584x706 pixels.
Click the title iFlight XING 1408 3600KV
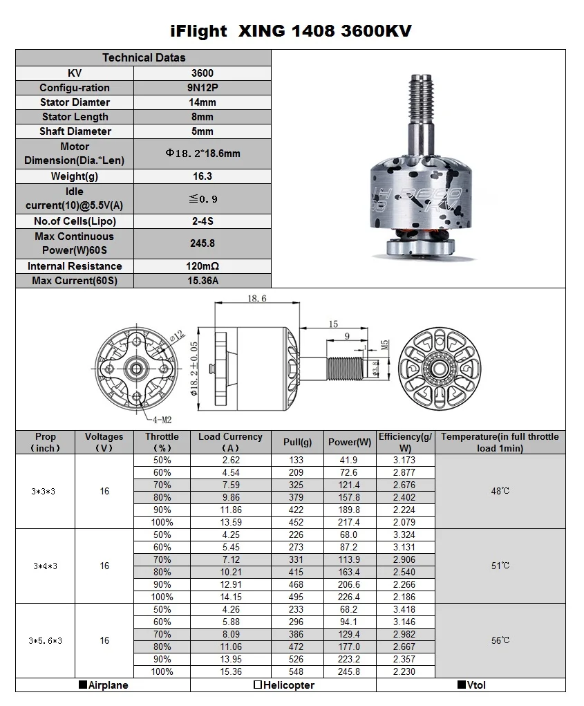pos(291,30)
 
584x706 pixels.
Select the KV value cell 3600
pos(202,73)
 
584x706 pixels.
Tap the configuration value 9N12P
pos(202,88)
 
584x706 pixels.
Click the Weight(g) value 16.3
pos(202,176)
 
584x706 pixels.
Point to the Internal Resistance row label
pos(75,266)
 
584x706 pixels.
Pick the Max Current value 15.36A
pos(202,281)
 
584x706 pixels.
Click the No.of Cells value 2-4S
pos(202,221)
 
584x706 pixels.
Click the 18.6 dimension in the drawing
pos(256,298)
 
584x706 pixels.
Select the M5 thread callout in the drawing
pos(385,344)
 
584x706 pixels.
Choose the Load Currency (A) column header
pos(230,442)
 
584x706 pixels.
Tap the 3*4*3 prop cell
pos(45,566)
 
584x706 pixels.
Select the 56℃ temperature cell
pos(500,640)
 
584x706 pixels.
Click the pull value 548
pos(297,671)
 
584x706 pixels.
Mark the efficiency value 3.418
pos(404,610)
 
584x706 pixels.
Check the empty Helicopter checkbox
pos(257,685)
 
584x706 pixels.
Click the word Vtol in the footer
pos(475,685)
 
